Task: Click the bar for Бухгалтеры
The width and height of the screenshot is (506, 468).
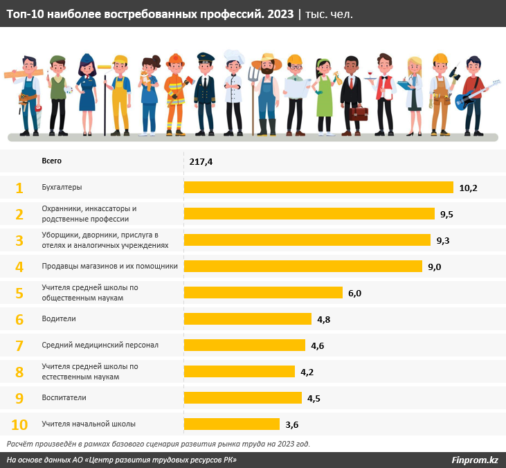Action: pyautogui.click(x=318, y=188)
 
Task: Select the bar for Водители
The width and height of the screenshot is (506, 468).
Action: pyautogui.click(x=247, y=318)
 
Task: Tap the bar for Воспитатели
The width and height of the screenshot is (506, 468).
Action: pyautogui.click(x=242, y=397)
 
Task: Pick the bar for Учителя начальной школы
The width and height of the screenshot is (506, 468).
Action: pyautogui.click(x=231, y=424)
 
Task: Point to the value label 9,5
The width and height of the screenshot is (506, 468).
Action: pyautogui.click(x=446, y=214)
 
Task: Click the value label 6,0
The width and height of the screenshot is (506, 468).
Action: pyautogui.click(x=354, y=293)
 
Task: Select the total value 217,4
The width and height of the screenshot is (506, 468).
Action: pyautogui.click(x=201, y=161)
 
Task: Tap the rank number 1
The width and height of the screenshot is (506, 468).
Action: pyautogui.click(x=19, y=188)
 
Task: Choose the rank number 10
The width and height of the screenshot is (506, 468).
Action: pyautogui.click(x=19, y=424)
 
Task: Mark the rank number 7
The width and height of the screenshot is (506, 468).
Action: pyautogui.click(x=19, y=345)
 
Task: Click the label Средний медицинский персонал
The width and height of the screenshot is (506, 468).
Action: pyautogui.click(x=100, y=345)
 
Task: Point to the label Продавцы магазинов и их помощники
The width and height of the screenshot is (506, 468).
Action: pyautogui.click(x=109, y=266)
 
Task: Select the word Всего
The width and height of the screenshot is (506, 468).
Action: pyautogui.click(x=52, y=161)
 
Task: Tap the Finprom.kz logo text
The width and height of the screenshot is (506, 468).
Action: pyautogui.click(x=475, y=460)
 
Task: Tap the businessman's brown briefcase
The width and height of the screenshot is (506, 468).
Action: pyautogui.click(x=358, y=113)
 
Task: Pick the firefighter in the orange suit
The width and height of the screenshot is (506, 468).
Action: pyautogui.click(x=174, y=97)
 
